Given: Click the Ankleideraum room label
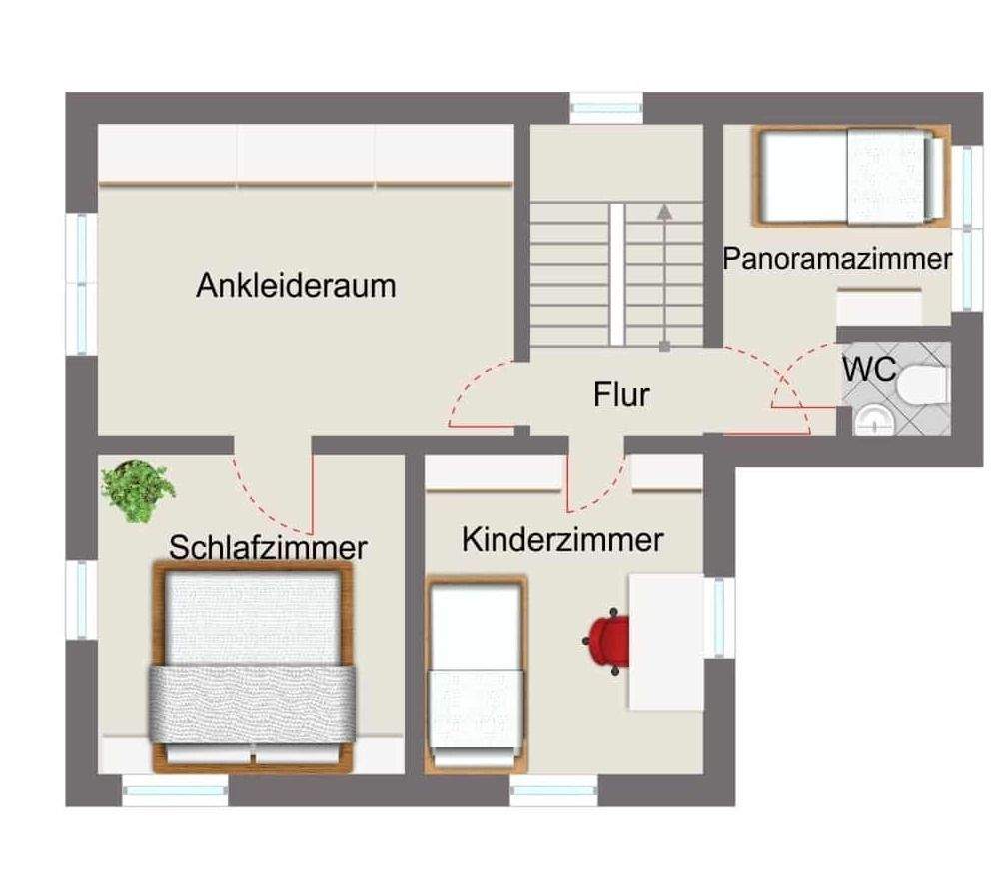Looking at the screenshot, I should pyautogui.click(x=296, y=285).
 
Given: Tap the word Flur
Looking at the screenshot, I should pyautogui.click(x=620, y=394).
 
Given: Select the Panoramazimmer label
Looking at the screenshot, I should pyautogui.click(x=837, y=259).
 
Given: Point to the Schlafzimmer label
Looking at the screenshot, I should pyautogui.click(x=268, y=547).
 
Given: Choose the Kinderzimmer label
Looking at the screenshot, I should pyautogui.click(x=562, y=540).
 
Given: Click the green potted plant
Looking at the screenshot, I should pyautogui.click(x=138, y=489).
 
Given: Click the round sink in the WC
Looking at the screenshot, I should pyautogui.click(x=872, y=421).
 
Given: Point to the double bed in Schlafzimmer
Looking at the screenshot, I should pyautogui.click(x=254, y=666).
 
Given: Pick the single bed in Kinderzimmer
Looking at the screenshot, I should pyautogui.click(x=477, y=674).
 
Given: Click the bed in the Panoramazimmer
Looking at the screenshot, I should pyautogui.click(x=850, y=176).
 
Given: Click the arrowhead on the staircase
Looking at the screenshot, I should pyautogui.click(x=664, y=210).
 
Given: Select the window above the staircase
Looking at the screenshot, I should pyautogui.click(x=606, y=106).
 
